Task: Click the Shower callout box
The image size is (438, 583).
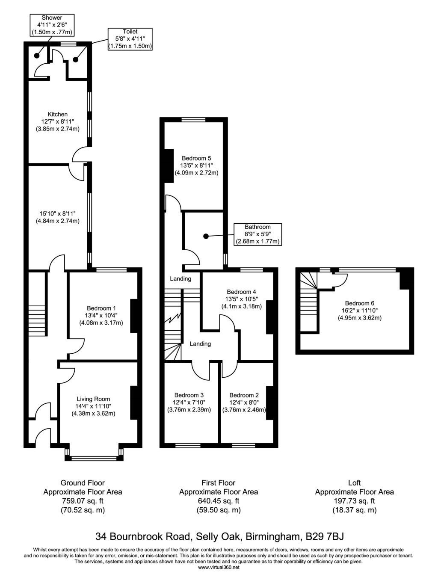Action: click(x=52, y=25)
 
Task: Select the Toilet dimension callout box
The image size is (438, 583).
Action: click(x=130, y=39)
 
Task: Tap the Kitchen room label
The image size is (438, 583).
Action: click(x=58, y=114)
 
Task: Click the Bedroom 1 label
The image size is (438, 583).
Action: click(x=101, y=308)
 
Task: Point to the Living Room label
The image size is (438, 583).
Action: click(x=93, y=399)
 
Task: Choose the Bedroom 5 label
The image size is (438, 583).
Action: click(x=196, y=158)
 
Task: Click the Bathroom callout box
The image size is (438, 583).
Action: click(x=257, y=234)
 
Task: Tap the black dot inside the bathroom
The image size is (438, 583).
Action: click(x=206, y=236)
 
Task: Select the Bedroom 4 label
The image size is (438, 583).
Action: click(x=241, y=292)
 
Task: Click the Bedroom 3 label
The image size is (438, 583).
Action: click(x=189, y=395)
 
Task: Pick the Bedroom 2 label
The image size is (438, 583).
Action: click(x=244, y=395)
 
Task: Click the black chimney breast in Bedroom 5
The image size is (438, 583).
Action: click(x=169, y=166)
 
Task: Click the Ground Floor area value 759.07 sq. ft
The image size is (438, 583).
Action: click(x=83, y=501)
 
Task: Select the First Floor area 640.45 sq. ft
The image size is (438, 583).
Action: click(x=219, y=501)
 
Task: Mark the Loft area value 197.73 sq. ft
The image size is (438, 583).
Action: click(x=354, y=501)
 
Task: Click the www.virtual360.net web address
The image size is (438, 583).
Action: click(x=219, y=567)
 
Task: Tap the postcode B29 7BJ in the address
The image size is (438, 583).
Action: click(x=325, y=536)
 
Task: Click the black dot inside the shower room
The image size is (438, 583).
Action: click(x=37, y=56)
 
